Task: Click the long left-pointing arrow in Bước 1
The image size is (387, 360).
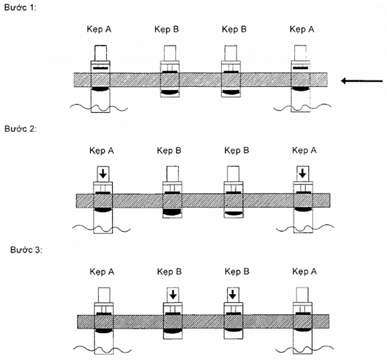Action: click(362, 81)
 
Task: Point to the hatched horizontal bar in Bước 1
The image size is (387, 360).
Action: click(200, 79)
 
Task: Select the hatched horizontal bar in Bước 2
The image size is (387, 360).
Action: click(202, 200)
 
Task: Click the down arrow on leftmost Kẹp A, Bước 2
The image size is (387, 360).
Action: click(103, 174)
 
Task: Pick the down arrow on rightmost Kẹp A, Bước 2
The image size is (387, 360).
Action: click(302, 174)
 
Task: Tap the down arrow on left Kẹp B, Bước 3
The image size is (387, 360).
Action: click(172, 295)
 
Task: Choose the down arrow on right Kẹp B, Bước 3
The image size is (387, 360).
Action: click(233, 295)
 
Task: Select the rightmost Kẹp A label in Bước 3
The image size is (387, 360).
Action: click(302, 272)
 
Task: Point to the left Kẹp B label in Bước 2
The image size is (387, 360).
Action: click(169, 150)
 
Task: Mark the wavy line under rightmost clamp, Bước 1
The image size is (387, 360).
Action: click(301, 105)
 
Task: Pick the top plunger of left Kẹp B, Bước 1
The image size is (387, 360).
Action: click(169, 53)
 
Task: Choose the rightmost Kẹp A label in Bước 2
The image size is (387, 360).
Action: click(302, 150)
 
